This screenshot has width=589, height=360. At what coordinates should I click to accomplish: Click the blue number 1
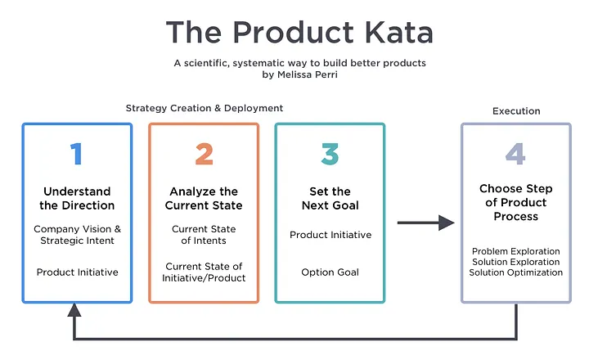[77, 154]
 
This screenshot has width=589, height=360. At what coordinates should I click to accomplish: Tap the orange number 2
[204, 154]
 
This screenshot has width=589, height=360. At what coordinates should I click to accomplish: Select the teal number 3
[330, 154]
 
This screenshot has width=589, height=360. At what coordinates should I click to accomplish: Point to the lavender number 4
[515, 154]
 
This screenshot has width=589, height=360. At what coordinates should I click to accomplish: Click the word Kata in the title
[399, 32]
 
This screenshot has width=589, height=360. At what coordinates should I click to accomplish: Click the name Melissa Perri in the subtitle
[308, 74]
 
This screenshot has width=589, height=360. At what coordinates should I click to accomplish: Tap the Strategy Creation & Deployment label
[205, 108]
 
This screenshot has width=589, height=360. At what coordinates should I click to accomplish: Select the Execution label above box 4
[516, 111]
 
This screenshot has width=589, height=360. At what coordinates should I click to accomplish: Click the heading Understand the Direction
[77, 199]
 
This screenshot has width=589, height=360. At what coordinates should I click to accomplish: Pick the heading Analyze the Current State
[204, 199]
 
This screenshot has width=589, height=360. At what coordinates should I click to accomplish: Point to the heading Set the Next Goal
[330, 199]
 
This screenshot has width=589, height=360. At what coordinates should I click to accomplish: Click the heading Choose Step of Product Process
[515, 202]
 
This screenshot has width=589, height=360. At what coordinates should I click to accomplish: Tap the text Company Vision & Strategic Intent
[78, 235]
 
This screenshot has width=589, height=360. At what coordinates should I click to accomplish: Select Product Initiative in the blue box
[78, 272]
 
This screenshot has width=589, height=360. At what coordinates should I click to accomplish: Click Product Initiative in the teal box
[330, 235]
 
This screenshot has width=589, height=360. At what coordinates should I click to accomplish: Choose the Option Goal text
[330, 272]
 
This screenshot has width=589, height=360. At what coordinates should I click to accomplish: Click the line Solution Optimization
[515, 272]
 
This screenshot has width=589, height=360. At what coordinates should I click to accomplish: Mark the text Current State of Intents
[204, 235]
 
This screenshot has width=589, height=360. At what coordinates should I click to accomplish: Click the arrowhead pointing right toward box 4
[447, 223]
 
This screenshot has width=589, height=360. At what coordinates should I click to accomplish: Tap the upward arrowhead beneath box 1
[74, 310]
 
